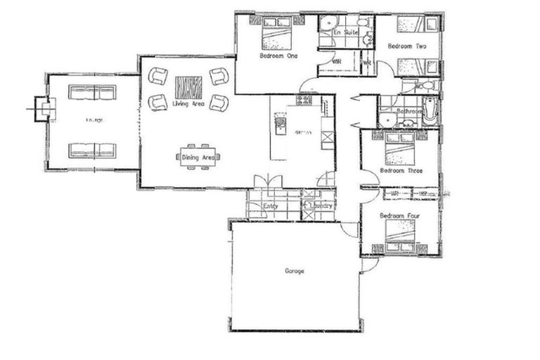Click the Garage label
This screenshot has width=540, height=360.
tap(295, 270)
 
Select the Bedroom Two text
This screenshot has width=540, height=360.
tap(407, 46)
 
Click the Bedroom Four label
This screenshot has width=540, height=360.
tap(398, 215)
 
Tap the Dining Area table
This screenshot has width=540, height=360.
tap(198, 157)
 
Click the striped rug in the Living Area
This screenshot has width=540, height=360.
tap(188, 87)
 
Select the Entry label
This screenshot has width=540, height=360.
tap(270, 206)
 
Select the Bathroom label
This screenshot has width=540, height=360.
tap(409, 111)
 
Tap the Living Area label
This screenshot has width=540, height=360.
tap(188, 104)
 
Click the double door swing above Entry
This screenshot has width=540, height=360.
tap(268, 181)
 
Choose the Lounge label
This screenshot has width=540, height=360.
tap(94, 120)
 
